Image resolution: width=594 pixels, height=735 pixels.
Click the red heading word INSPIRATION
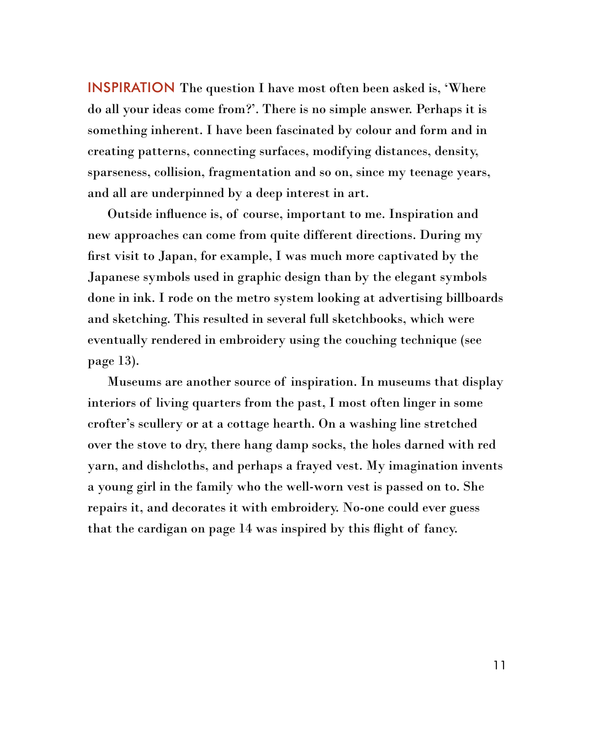tap(131, 88)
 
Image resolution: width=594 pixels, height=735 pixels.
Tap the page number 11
tap(500, 665)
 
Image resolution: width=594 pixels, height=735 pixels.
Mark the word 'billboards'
tap(474, 298)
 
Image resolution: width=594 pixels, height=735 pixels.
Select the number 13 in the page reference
tap(125, 361)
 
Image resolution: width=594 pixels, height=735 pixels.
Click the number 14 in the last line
tap(245, 529)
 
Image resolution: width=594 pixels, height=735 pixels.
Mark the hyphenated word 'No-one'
tap(363, 508)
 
